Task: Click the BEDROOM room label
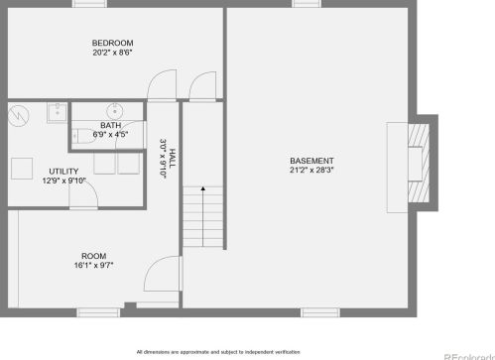(112, 43)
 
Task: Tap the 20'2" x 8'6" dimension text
(112, 53)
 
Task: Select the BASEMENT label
(311, 161)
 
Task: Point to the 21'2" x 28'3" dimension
(311, 170)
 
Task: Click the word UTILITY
(63, 172)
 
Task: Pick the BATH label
(110, 125)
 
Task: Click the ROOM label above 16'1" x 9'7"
(94, 256)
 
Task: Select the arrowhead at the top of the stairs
(203, 188)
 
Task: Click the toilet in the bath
(83, 136)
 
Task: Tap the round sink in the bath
(115, 112)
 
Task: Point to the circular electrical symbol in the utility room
(19, 116)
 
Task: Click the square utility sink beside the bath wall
(58, 113)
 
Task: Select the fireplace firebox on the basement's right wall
(416, 164)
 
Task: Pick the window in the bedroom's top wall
(89, 4)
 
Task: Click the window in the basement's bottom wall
(320, 312)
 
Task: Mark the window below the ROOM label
(98, 312)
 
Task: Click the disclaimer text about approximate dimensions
(218, 352)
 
